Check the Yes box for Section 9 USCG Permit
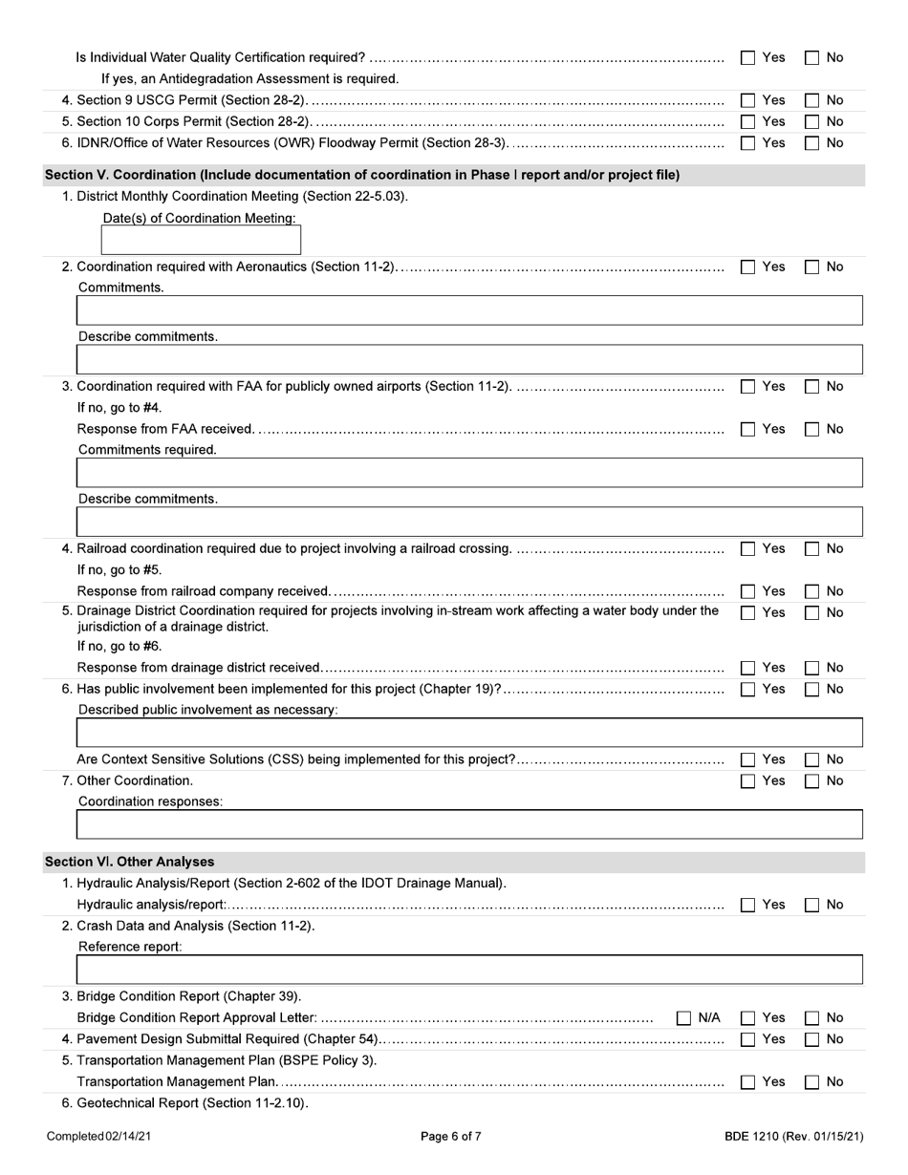tap(748, 100)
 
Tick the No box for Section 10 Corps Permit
tap(811, 121)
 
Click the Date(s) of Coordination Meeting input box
tap(202, 240)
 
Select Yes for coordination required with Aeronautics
tap(748, 267)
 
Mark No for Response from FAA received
tap(811, 430)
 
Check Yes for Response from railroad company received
tap(748, 591)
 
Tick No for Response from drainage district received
tap(811, 668)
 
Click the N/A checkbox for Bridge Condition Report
tap(684, 1018)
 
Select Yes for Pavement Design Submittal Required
tap(748, 1039)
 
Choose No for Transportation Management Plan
tap(811, 1082)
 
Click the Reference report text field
tap(468, 969)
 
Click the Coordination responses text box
tap(468, 823)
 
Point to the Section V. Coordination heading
tap(362, 175)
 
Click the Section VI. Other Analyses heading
tap(130, 862)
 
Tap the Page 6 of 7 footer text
tap(451, 1136)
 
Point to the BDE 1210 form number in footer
tap(793, 1136)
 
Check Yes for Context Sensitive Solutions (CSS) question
tap(748, 760)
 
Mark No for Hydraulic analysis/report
tap(811, 905)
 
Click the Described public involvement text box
tap(468, 733)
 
